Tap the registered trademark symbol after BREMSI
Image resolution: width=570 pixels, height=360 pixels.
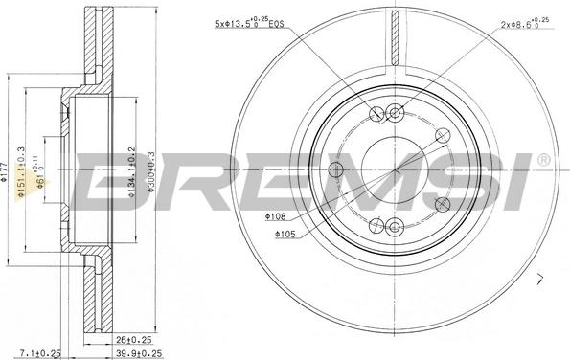click(x=543, y=159)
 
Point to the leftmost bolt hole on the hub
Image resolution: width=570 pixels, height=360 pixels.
click(x=335, y=170)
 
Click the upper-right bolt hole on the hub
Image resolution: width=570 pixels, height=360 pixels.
click(x=442, y=135)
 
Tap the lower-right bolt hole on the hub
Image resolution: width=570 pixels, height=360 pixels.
click(x=442, y=205)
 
